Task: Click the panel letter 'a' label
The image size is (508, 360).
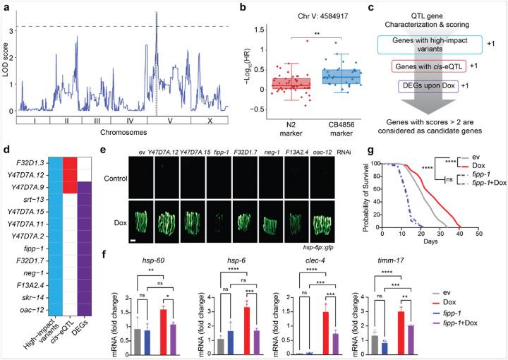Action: (6, 6)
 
